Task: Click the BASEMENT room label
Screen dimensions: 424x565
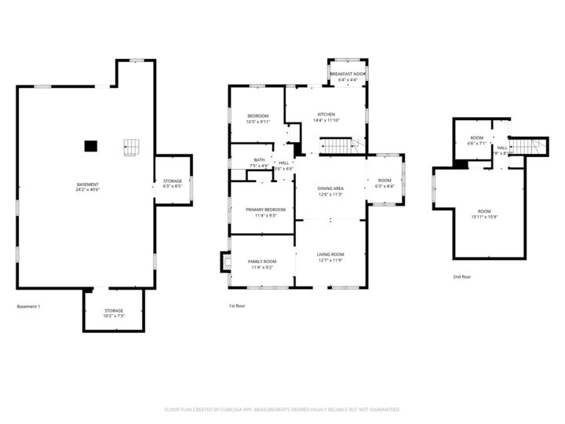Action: point(87,185)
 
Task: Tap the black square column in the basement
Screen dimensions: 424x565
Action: point(91,145)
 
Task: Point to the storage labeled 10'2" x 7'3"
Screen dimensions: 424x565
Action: point(114,315)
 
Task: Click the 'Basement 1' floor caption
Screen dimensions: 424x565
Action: point(28,306)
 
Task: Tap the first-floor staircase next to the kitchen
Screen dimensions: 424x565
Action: point(339,146)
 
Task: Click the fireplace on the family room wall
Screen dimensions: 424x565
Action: point(224,261)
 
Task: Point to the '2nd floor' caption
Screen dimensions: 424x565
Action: point(462,276)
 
